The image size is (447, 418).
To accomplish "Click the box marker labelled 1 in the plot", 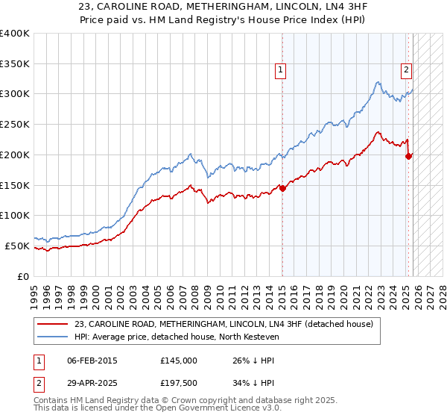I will click(x=282, y=71).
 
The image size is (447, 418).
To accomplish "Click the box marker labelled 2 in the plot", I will click(x=407, y=71).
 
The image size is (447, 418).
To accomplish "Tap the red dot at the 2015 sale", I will click(x=282, y=188).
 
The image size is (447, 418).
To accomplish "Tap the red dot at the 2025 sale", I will click(x=408, y=156).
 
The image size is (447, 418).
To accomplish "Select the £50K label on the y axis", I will click(x=17, y=246).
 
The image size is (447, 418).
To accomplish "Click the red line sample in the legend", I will click(x=54, y=323).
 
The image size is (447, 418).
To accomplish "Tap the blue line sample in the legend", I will click(x=54, y=337).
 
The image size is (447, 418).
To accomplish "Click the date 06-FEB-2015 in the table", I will click(x=92, y=361).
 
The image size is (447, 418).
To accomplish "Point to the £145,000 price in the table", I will click(x=178, y=361).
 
